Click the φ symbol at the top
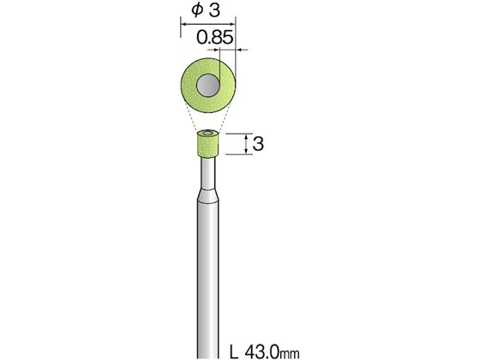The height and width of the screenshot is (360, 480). click(197, 9)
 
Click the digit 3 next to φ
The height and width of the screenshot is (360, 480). click(214, 9)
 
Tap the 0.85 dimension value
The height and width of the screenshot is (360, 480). click(215, 38)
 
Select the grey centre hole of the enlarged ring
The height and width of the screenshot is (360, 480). click(208, 86)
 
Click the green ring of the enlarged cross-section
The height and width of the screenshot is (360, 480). click(189, 87)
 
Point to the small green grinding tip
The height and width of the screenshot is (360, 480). click(207, 143)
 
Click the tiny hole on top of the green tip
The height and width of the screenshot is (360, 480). click(207, 133)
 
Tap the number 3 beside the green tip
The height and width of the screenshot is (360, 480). click(258, 144)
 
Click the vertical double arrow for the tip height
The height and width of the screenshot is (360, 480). click(247, 144)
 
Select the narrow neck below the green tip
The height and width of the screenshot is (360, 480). click(207, 173)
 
